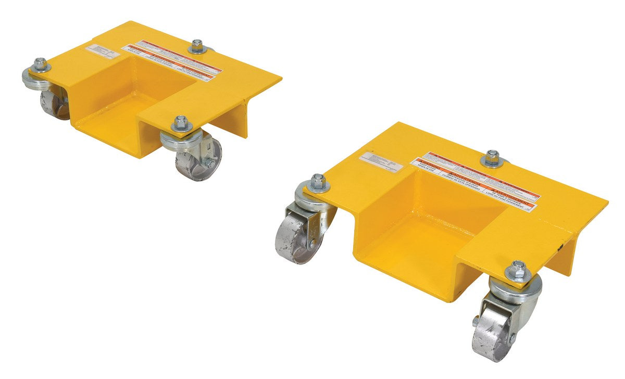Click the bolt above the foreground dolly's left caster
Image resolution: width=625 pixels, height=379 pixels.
318,182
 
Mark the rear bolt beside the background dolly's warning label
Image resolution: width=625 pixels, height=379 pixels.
197,46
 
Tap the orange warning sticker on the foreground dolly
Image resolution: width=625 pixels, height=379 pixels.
474,182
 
